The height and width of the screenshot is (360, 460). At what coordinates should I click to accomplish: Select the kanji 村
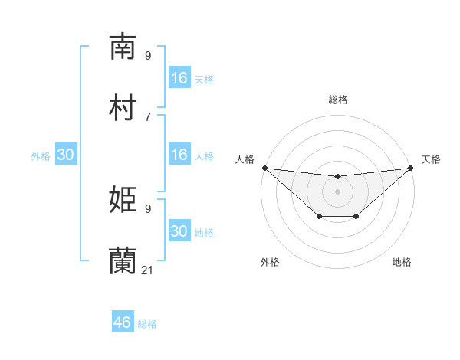[x=123, y=108]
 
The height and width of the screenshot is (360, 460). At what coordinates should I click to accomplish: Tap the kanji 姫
[x=123, y=200]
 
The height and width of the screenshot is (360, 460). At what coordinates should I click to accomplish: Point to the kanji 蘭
[x=123, y=261]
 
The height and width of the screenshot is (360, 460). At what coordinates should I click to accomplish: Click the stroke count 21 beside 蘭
[x=148, y=270]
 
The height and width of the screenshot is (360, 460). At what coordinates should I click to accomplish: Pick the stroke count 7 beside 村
[x=148, y=116]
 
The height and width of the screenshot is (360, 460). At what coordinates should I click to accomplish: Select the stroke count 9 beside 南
[x=148, y=55]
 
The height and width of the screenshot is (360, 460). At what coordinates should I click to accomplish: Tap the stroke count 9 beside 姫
[x=148, y=208]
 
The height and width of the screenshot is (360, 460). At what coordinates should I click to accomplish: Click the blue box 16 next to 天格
[x=179, y=78]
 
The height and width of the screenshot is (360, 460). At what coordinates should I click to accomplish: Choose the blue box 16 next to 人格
[x=179, y=155]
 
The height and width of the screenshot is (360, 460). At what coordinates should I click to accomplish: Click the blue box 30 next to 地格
[x=179, y=231]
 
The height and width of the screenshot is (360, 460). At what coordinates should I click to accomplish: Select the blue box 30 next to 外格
[x=66, y=155]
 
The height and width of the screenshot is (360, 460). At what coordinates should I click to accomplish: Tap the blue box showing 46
[x=123, y=322]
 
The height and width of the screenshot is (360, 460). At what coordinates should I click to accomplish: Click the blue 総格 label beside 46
[x=147, y=324]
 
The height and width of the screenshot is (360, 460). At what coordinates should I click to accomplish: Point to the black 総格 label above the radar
[x=338, y=100]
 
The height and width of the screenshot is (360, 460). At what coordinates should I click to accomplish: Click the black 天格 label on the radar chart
[x=431, y=159]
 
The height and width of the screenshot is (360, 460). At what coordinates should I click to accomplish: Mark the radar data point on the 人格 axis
[x=264, y=168]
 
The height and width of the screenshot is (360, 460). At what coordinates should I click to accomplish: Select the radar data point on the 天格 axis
[x=411, y=168]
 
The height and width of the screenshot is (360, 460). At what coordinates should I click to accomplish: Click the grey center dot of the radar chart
[x=337, y=191]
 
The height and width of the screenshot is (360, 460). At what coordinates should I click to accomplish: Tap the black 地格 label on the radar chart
[x=402, y=263]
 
